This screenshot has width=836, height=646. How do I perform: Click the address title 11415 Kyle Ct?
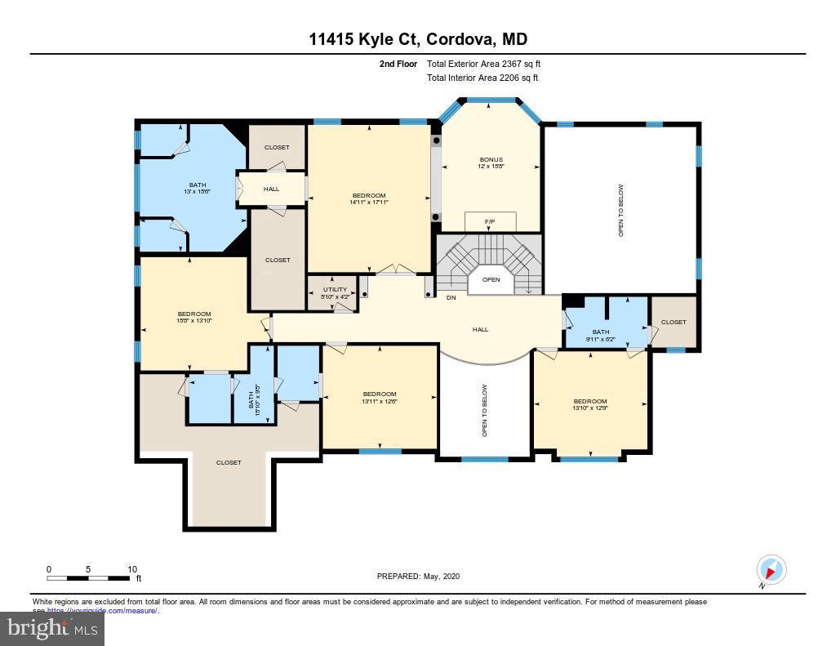[417, 39]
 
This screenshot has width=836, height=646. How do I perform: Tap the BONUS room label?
[491, 159]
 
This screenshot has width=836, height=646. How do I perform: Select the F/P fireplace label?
[490, 221]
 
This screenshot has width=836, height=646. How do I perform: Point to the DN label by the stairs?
[451, 297]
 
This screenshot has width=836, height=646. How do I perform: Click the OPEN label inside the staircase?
[491, 279]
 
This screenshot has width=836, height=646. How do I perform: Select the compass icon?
[771, 569]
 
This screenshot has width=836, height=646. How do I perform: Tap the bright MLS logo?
[52, 629]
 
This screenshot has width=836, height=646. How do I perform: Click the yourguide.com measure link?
[102, 610]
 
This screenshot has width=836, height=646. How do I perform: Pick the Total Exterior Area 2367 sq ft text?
[483, 64]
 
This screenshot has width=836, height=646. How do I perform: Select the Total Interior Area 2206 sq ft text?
[482, 78]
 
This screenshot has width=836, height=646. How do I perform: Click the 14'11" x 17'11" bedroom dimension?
[369, 203]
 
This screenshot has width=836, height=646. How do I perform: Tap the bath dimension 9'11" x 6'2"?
[601, 339]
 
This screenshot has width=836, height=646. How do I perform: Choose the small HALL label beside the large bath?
[271, 189]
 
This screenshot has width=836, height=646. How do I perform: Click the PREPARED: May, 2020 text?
[418, 577]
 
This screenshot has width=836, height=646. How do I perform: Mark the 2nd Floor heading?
[398, 64]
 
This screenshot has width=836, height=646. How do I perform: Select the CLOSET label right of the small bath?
[674, 322]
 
